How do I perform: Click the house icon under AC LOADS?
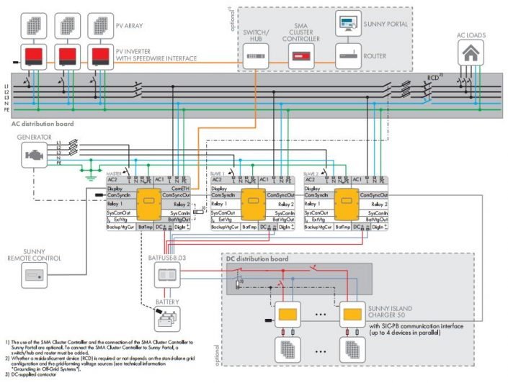pyautogui.click(x=472, y=53)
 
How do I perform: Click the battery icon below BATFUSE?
pyautogui.click(x=169, y=317)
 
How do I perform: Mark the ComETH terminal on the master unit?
pyautogui.click(x=182, y=187)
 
